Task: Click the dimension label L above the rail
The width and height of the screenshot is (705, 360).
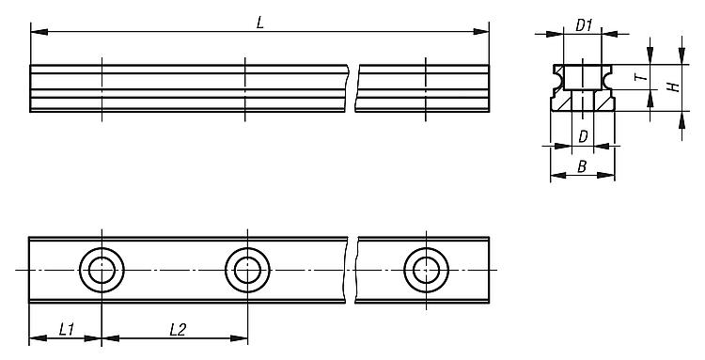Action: [x=259, y=23]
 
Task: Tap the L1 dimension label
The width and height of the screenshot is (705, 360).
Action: [x=67, y=330]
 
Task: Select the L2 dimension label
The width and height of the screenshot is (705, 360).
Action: [x=178, y=330]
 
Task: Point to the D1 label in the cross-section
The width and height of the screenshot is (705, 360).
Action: [x=584, y=26]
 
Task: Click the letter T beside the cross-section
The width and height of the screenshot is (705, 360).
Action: [x=643, y=77]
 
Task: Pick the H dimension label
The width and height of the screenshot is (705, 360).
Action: [x=674, y=86]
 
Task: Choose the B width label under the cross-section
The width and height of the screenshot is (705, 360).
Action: [x=582, y=166]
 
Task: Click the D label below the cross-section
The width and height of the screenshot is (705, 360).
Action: [x=583, y=136]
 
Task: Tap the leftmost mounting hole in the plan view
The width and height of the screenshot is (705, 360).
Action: [x=102, y=270]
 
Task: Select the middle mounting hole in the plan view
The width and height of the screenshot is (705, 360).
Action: [x=248, y=270]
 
